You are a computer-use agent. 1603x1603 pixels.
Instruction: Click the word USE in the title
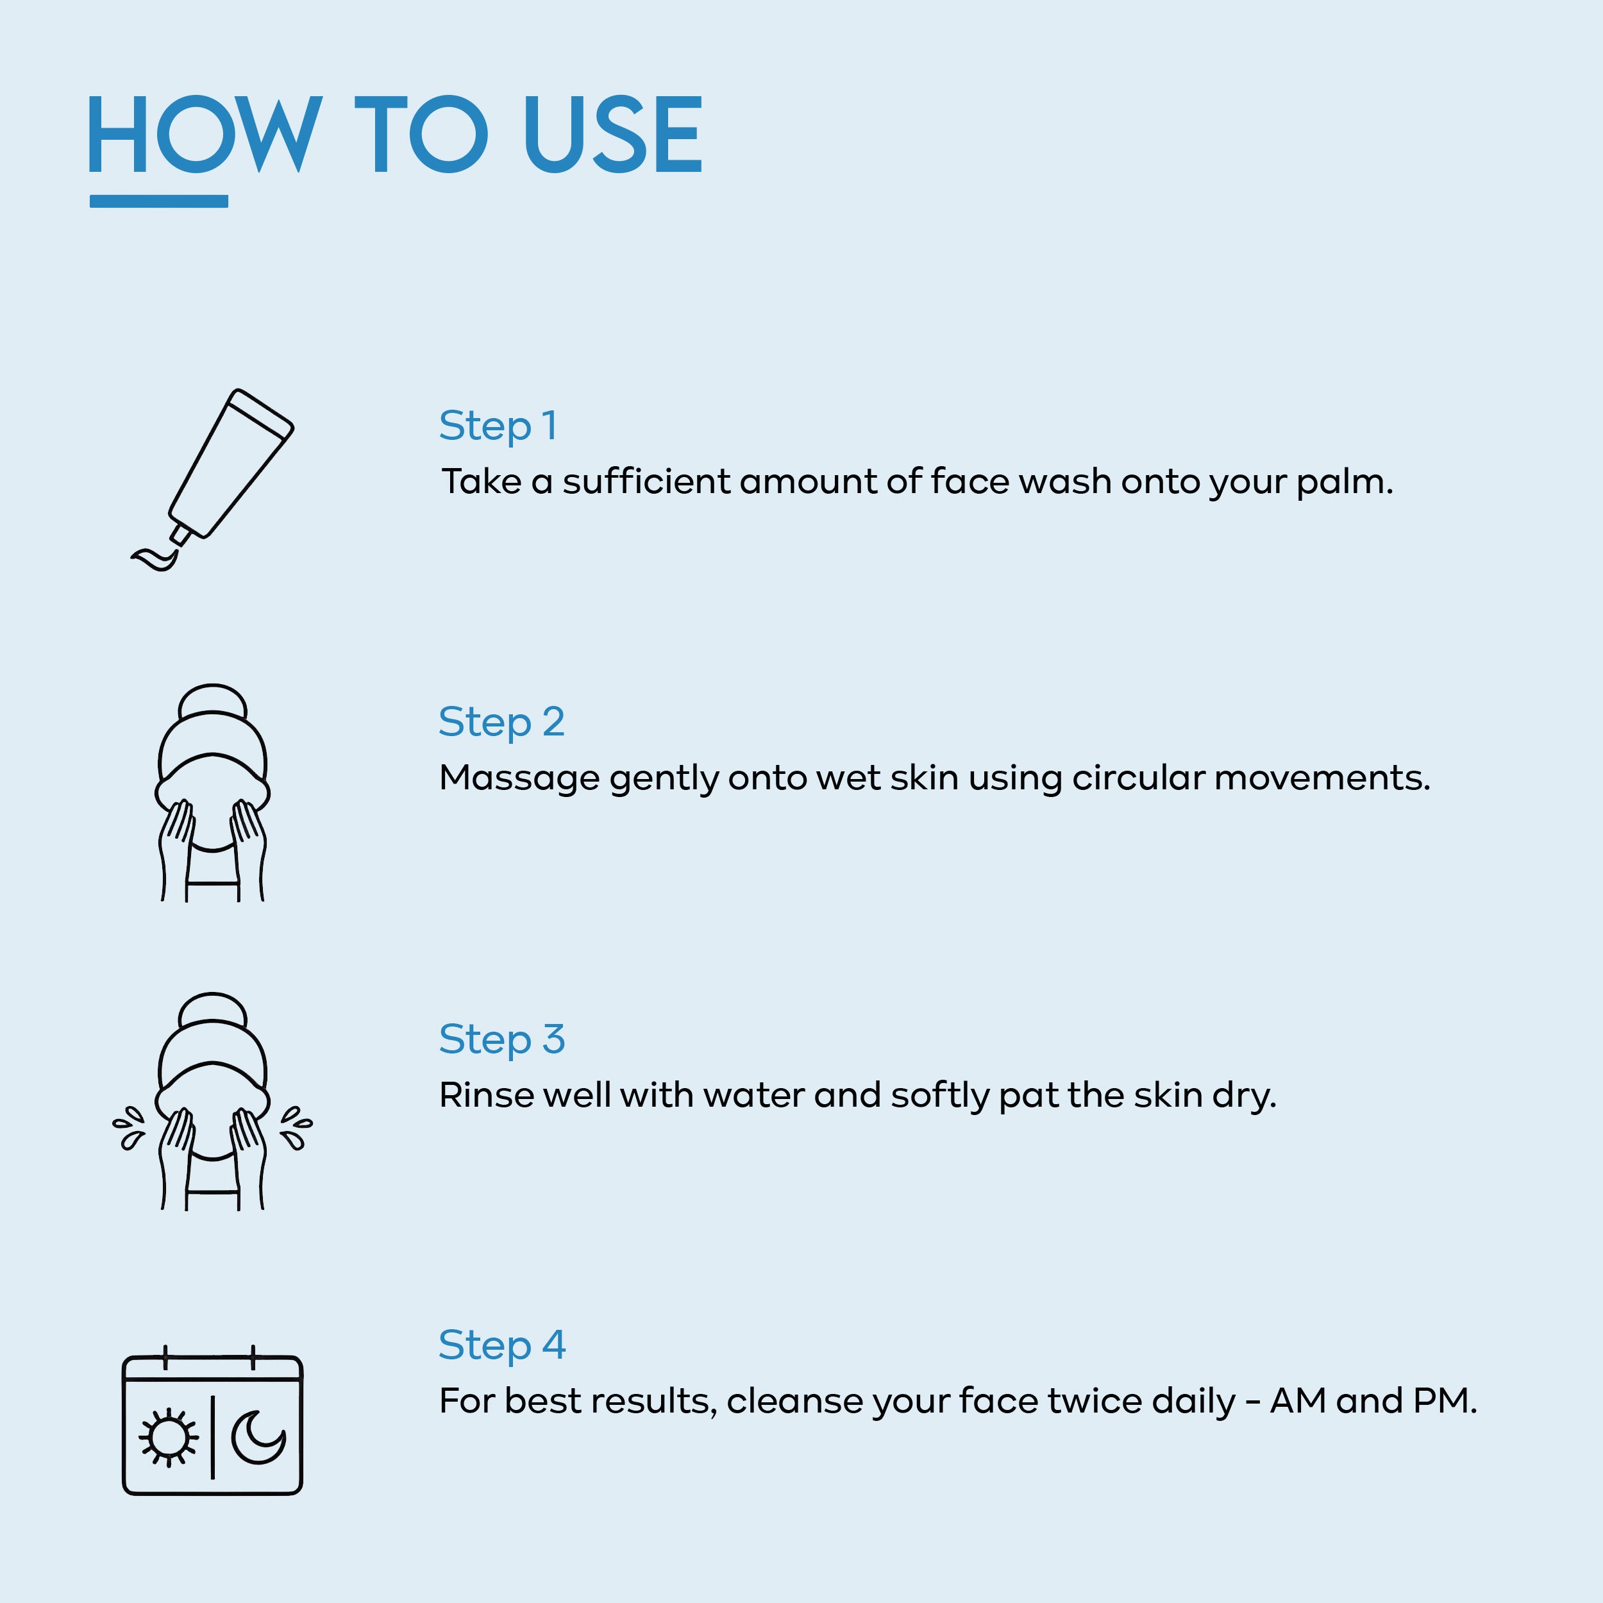click(613, 135)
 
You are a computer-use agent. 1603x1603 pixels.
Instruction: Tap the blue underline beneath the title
click(158, 201)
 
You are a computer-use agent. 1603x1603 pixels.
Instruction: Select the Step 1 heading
click(498, 426)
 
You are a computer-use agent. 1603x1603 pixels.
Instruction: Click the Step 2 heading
click(501, 723)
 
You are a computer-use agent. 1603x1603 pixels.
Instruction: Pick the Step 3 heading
click(501, 1039)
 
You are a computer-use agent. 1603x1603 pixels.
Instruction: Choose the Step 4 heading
click(501, 1346)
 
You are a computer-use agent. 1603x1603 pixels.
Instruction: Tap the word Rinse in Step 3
click(485, 1095)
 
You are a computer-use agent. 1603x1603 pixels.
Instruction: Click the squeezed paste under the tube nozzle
click(156, 559)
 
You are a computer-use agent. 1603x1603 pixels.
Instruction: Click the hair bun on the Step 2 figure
click(212, 703)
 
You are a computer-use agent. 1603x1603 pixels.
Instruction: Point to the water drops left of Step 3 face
click(129, 1129)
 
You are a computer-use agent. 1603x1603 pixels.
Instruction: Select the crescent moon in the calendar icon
click(258, 1437)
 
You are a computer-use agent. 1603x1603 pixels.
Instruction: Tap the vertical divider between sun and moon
click(212, 1437)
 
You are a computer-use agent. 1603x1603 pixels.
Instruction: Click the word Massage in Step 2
click(519, 778)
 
